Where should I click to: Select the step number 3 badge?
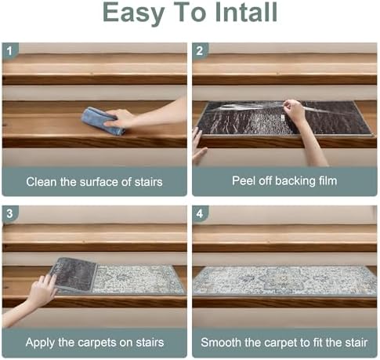pos(10,214)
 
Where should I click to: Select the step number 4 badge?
pos(201,214)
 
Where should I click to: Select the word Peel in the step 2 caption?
pos(244,181)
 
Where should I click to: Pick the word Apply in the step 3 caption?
pos(42,342)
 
